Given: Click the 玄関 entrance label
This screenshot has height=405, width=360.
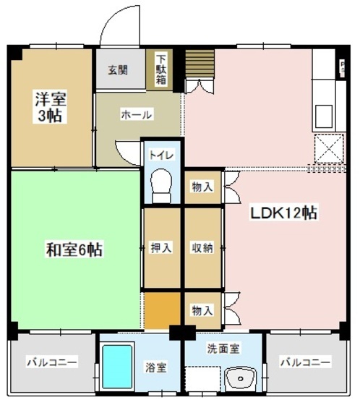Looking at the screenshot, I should tap(119, 70).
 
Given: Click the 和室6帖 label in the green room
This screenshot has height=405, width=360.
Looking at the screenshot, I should tap(74, 251).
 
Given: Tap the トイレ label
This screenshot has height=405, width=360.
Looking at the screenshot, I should tap(160, 155).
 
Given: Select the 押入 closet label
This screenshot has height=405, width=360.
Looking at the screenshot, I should tap(161, 247).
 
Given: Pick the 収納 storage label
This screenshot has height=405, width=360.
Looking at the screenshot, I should tap(202, 247).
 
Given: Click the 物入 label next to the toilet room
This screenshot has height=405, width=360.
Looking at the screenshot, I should tap(202, 187).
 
